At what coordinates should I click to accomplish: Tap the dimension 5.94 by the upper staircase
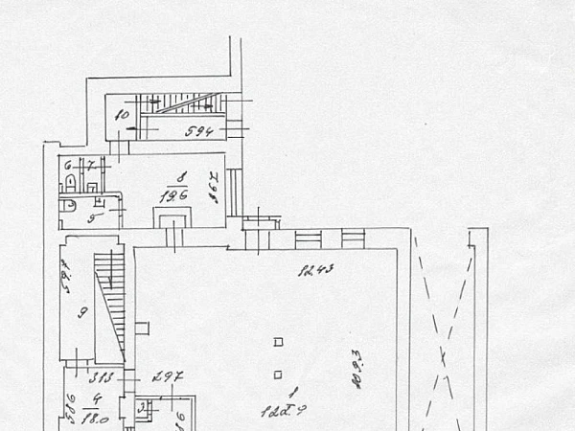(x=198, y=132)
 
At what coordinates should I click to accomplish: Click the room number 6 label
(x=68, y=165)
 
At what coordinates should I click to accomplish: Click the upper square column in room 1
(x=278, y=341)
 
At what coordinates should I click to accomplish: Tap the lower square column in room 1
(x=278, y=374)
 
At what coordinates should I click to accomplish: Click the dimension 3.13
(x=102, y=375)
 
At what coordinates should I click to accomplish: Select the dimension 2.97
(x=169, y=374)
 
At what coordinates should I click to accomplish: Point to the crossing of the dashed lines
(x=443, y=355)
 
